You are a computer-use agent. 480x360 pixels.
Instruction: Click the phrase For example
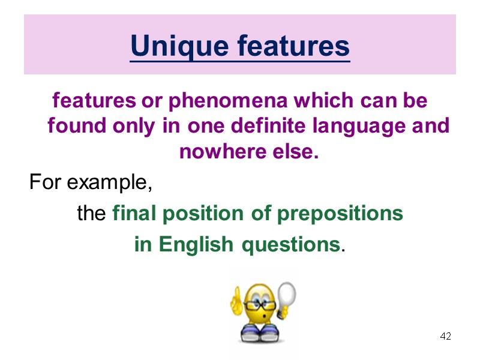90,181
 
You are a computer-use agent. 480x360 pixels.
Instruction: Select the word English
196,245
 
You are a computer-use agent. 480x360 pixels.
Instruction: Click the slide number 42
445,336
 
